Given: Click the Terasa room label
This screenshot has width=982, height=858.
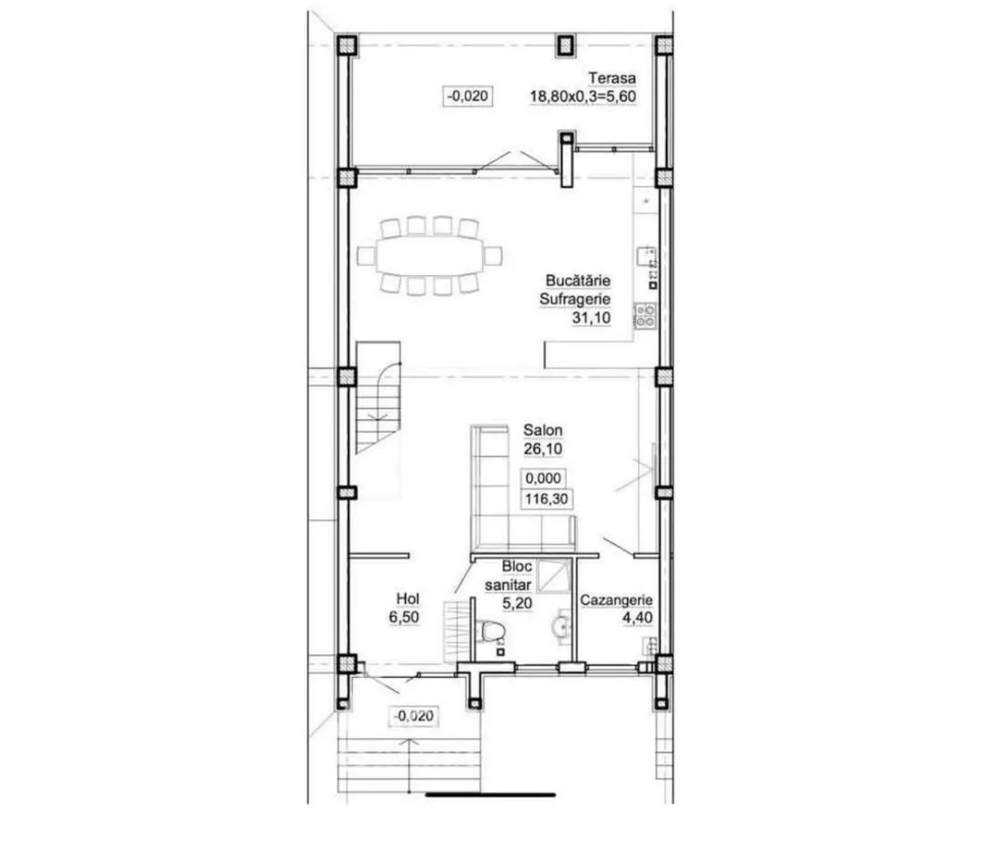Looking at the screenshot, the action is (x=612, y=77).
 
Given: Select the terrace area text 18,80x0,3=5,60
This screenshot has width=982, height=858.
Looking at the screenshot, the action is (x=582, y=97).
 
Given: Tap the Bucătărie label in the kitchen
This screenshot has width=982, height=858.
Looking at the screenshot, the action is (x=578, y=280).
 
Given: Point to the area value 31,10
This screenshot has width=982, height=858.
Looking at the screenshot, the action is (x=592, y=317).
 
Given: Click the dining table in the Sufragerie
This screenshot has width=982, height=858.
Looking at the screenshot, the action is (x=430, y=255).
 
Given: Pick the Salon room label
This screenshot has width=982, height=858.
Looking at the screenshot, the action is (x=543, y=430).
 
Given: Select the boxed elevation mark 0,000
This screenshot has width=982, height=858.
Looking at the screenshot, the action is (x=543, y=478).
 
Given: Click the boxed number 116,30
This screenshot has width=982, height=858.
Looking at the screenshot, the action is (x=546, y=499).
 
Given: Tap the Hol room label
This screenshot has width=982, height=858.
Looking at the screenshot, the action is (x=408, y=599).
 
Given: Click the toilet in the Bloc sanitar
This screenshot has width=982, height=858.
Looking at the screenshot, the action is (x=492, y=631).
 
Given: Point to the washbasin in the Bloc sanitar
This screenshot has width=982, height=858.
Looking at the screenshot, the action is (x=561, y=627).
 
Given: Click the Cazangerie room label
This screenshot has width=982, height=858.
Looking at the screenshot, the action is (x=616, y=600).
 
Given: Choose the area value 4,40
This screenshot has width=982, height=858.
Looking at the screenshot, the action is (x=638, y=618).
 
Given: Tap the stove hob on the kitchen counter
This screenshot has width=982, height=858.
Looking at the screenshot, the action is (x=644, y=317).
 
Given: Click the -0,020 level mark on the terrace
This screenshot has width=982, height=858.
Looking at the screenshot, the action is (x=467, y=96).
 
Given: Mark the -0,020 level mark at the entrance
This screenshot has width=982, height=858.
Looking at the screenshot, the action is (x=414, y=716).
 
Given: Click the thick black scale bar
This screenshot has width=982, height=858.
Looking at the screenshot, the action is (x=490, y=794).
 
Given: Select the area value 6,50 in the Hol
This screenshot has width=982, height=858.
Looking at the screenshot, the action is (x=404, y=617).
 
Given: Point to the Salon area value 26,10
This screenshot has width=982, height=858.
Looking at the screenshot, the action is (x=543, y=449).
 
